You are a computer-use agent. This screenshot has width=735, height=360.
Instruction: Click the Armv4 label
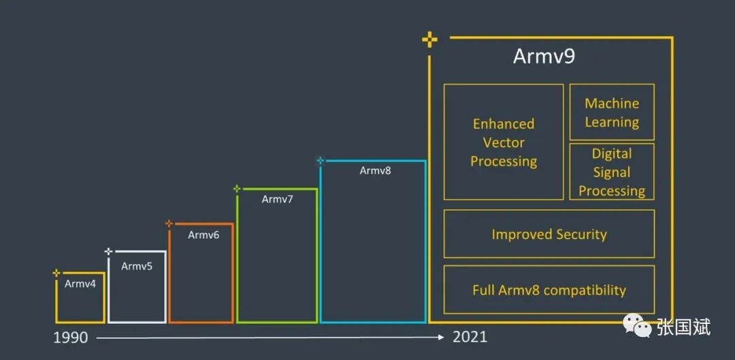pyautogui.click(x=80, y=284)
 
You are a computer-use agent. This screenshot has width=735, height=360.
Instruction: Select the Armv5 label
pyautogui.click(x=137, y=266)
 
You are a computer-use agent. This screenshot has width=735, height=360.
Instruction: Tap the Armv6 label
pyautogui.click(x=203, y=235)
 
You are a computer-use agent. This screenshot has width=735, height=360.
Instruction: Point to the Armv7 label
pyautogui.click(x=277, y=199)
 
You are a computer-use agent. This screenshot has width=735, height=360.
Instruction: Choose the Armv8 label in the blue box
pyautogui.click(x=375, y=171)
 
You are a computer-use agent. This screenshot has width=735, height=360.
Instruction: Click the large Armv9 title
pyautogui.click(x=544, y=56)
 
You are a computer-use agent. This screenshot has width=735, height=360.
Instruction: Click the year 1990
pyautogui.click(x=70, y=338)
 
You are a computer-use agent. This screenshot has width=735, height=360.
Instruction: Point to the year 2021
pyautogui.click(x=470, y=337)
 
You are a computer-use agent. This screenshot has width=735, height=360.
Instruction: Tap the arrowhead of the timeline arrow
pyautogui.click(x=440, y=337)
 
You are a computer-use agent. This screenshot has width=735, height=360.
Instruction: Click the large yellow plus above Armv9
pyautogui.click(x=429, y=40)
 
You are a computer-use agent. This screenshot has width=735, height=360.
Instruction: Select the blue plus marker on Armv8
pyautogui.click(x=321, y=161)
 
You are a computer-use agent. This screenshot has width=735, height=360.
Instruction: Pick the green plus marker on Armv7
pyautogui.click(x=238, y=189)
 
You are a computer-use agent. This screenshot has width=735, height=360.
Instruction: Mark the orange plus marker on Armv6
pyautogui.click(x=169, y=224)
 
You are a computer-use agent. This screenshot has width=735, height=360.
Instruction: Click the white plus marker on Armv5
pyautogui.click(x=108, y=252)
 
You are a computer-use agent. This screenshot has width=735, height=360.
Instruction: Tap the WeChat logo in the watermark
pyautogui.click(x=636, y=326)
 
